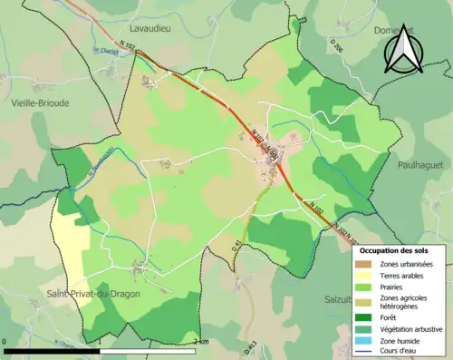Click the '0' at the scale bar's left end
pos(5,342)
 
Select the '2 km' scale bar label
pos(202,342)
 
